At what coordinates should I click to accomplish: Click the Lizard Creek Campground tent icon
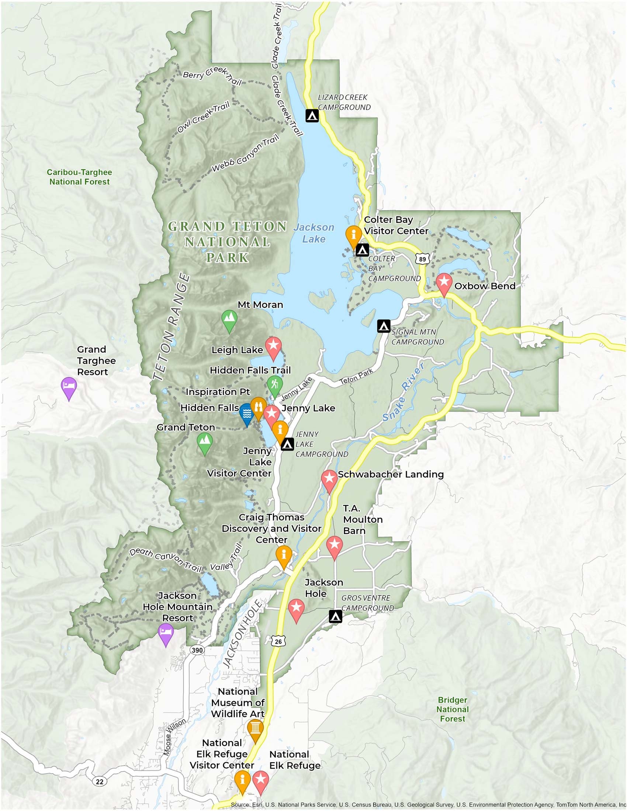pos(312,115)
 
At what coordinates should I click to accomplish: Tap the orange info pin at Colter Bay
pos(354,236)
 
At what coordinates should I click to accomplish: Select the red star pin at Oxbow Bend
pos(443,283)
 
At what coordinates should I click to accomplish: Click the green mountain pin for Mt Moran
pos(229,319)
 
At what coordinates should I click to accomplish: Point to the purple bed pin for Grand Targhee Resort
pos(69,386)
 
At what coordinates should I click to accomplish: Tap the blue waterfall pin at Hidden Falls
pos(247,413)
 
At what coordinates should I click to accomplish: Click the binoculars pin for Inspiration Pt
pos(258,407)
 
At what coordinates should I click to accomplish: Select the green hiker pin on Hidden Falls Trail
pos(275,385)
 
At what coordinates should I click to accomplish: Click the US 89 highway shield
pos(422,259)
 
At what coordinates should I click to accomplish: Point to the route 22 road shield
pos(100,781)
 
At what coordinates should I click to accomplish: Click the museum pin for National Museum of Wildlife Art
pos(255,728)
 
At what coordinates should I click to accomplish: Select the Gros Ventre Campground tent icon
pos(335,616)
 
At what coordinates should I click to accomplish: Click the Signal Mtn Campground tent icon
pos(384,326)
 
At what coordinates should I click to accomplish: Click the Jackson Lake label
pos(314,233)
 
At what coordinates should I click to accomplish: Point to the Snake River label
pos(403,393)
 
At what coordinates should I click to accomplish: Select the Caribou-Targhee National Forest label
pos(80,177)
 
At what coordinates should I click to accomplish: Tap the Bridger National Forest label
pos(453,709)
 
